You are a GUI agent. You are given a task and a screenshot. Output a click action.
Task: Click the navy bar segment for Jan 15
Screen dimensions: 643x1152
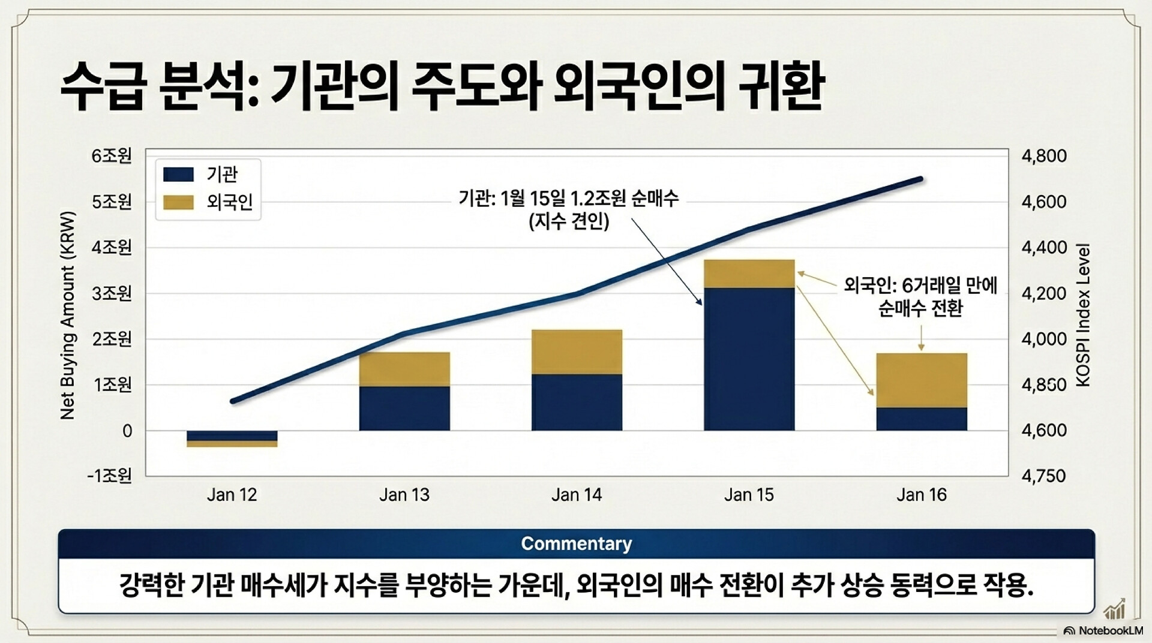pos(749,359)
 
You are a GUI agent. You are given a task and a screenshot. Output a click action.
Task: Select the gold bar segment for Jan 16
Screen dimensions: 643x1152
pos(922,380)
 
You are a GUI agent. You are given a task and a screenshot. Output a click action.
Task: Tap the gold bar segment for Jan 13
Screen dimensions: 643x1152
pos(404,369)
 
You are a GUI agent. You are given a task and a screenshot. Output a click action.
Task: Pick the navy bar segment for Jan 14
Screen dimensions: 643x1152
pos(577,402)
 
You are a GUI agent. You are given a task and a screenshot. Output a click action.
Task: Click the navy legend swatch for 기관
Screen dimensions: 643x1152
pos(178,175)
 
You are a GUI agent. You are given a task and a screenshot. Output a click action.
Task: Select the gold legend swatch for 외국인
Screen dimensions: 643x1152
pos(178,202)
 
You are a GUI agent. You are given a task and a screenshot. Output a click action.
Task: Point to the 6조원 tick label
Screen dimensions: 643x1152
pos(112,156)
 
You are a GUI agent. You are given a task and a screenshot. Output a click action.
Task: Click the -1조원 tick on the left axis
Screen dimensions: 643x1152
pos(109,476)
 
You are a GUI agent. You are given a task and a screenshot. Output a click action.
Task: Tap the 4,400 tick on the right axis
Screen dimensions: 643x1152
pos(1044,247)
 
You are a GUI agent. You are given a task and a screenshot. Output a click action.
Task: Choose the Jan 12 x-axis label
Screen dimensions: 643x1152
pos(232,495)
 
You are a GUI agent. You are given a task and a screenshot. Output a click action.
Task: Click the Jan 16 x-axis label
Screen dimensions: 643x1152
pos(922,495)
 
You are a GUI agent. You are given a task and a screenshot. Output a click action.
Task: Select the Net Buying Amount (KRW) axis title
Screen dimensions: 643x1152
pos(68,316)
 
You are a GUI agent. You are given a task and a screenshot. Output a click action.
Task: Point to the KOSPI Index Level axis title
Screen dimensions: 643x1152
pos(1083,315)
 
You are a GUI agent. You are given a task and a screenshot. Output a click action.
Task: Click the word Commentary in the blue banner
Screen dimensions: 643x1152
pos(576,543)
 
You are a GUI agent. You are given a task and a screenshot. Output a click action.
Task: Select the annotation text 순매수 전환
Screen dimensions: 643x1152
pos(920,308)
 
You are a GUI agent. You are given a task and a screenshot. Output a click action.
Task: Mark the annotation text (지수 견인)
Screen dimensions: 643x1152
pos(569,221)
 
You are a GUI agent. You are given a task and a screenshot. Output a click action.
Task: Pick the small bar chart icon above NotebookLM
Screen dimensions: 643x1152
pos(1115,610)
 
